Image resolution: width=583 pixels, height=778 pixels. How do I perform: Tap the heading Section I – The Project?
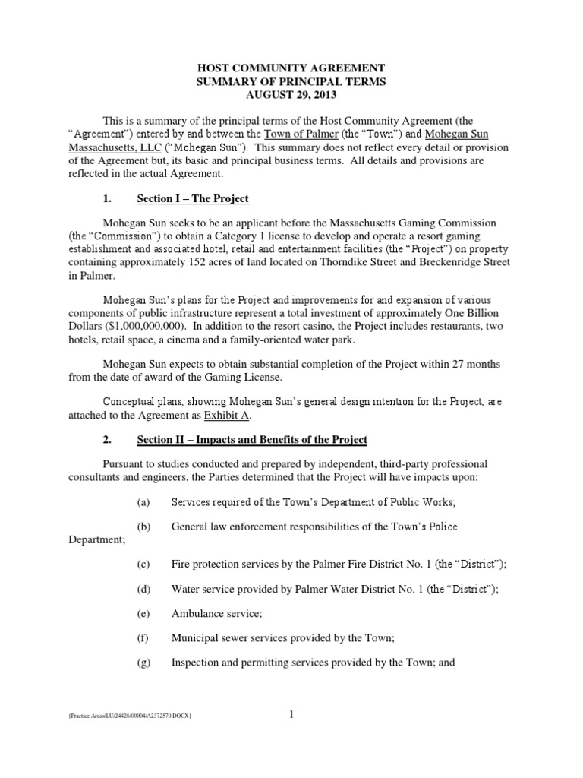tap(193, 199)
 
